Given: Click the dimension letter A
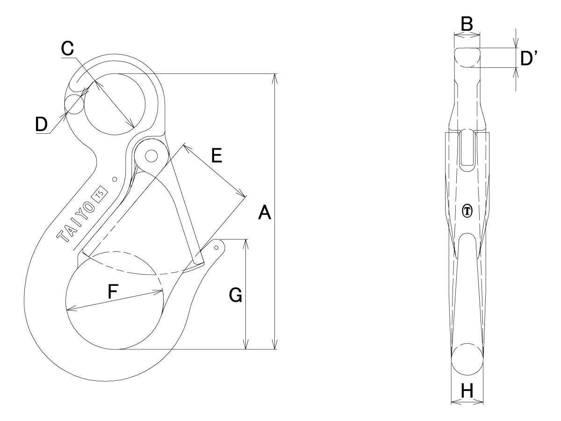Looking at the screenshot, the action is click(264, 212).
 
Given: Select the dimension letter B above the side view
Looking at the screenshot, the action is click(467, 24).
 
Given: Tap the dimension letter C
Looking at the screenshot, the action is click(67, 48).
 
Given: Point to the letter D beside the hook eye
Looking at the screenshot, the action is click(42, 124).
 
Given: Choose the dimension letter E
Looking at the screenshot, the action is click(216, 155).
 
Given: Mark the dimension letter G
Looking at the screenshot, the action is click(236, 295).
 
